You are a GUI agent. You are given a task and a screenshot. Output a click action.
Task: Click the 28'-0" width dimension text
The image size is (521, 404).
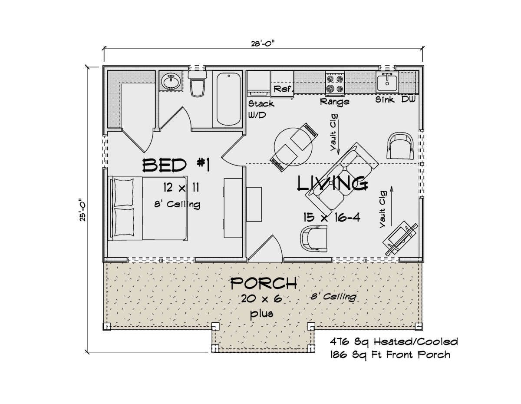[263, 43]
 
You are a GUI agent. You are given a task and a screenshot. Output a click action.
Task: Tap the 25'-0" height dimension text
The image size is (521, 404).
[82, 210]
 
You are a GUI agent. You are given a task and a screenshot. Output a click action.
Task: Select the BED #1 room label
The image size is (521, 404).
[176, 166]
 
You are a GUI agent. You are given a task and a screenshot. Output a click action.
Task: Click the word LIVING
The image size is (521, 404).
[333, 183]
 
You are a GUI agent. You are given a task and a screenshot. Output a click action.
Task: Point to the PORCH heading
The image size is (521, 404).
[264, 283]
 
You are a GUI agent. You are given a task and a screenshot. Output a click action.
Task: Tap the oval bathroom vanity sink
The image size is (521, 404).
[171, 81]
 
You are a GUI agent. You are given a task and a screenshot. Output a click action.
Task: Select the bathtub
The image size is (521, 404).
[228, 99]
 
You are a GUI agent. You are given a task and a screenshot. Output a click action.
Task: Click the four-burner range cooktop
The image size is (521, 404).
[335, 83]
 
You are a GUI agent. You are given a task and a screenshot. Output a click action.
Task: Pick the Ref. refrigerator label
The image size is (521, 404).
[284, 89]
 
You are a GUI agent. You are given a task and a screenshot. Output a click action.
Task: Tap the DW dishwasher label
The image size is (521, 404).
[408, 99]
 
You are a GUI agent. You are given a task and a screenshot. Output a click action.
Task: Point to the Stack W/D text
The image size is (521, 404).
[261, 109]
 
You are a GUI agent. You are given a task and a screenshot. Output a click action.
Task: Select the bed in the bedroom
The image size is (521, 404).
[148, 208]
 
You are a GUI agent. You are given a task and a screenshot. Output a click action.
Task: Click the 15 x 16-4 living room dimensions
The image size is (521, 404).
[332, 217]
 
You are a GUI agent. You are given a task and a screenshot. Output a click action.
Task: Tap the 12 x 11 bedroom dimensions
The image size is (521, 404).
[181, 187]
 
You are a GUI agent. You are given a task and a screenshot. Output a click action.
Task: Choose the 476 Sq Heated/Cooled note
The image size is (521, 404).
[394, 341]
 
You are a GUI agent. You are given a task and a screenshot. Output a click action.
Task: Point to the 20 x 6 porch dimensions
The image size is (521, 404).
[261, 299]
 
